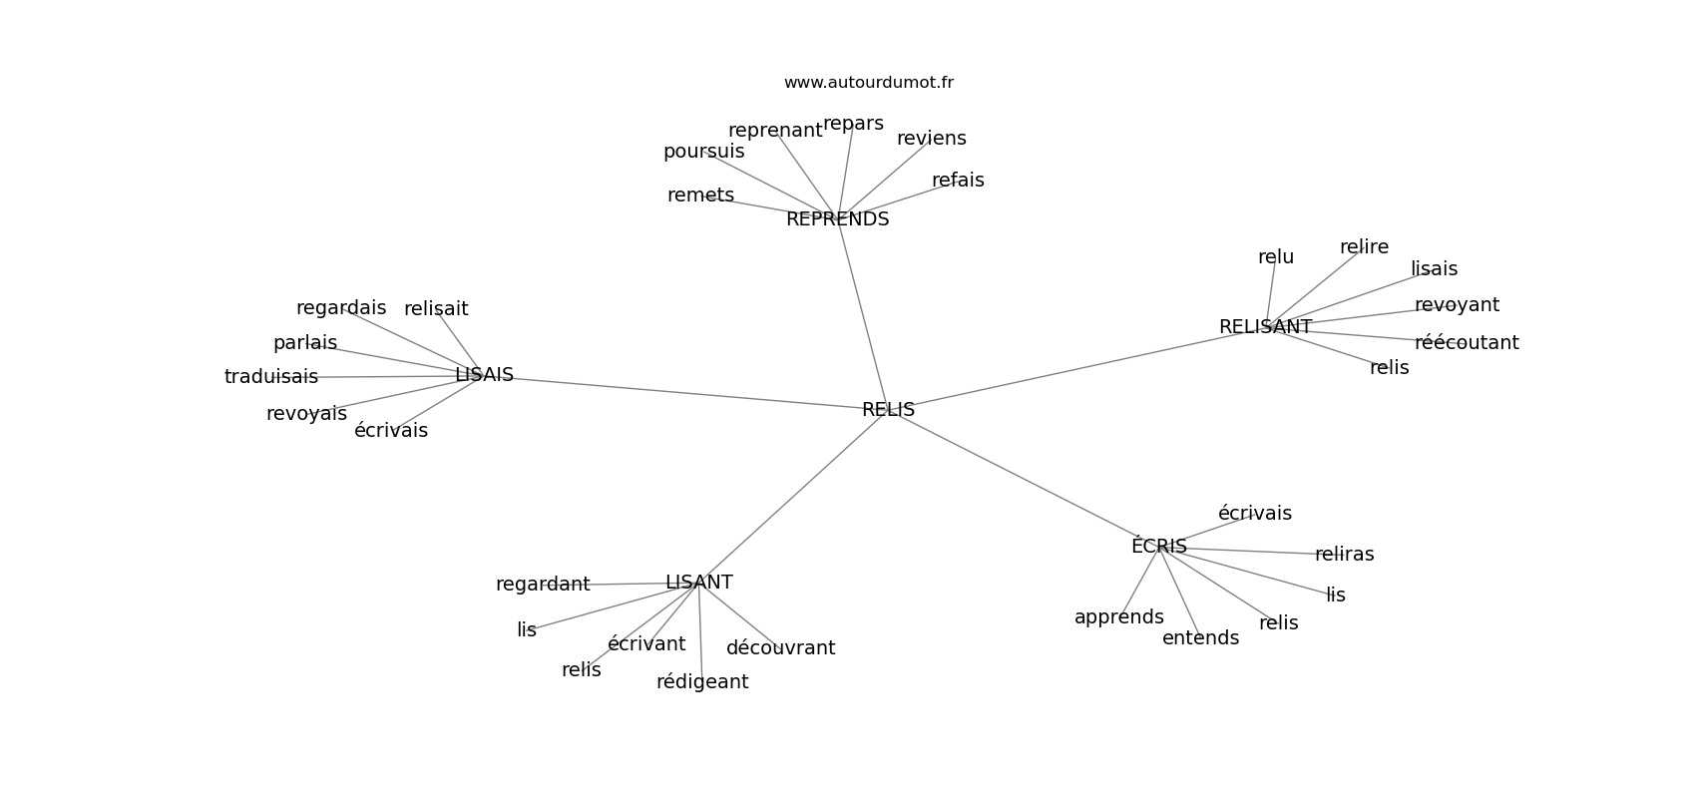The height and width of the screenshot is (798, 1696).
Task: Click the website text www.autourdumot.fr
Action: click(x=868, y=83)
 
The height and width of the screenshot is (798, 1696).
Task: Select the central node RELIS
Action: click(x=888, y=410)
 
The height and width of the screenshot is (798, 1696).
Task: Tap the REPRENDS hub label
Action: click(x=837, y=218)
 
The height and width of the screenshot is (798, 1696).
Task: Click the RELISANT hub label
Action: click(x=1265, y=326)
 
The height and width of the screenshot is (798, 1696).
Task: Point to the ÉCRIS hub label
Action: click(x=1159, y=545)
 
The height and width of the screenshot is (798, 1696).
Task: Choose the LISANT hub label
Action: click(x=698, y=583)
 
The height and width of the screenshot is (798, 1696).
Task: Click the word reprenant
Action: click(x=775, y=131)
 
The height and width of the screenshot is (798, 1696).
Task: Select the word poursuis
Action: click(x=704, y=152)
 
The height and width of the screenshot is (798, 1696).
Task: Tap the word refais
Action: click(x=958, y=181)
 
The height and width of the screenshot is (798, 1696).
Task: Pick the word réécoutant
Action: click(x=1467, y=342)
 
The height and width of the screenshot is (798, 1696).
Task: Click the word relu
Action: click(x=1276, y=257)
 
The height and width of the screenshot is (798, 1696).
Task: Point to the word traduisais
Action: click(x=271, y=376)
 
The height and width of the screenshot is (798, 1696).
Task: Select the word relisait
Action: click(x=436, y=309)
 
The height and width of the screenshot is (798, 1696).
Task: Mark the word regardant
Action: click(x=543, y=585)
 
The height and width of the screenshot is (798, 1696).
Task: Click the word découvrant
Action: click(x=780, y=648)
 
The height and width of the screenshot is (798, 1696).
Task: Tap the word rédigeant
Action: click(x=702, y=682)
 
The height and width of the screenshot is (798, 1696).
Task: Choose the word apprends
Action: click(x=1119, y=617)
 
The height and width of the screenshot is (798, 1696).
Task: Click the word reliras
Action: click(x=1345, y=555)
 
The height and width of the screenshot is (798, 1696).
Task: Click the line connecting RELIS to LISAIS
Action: click(x=686, y=392)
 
